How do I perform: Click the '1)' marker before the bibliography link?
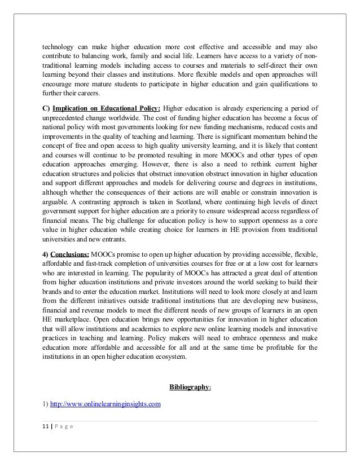click(46, 405)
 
